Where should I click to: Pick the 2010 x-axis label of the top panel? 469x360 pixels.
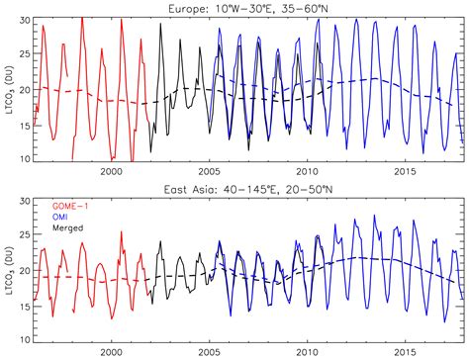click(x=307, y=169)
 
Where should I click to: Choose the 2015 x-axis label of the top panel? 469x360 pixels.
click(x=405, y=169)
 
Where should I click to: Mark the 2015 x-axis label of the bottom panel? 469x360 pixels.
click(x=405, y=350)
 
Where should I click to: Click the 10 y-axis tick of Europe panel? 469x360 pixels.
click(x=25, y=158)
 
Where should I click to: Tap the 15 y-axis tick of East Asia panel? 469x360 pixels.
click(x=25, y=306)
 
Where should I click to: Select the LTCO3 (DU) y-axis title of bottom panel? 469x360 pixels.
click(x=8, y=267)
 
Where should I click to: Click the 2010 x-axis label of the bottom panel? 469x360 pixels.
click(x=307, y=350)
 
